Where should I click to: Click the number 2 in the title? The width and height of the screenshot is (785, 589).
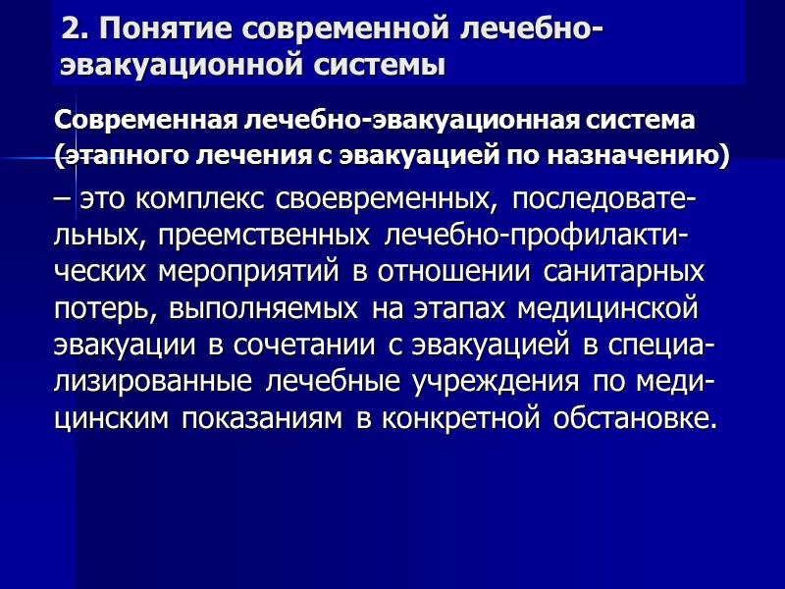click(x=68, y=29)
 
